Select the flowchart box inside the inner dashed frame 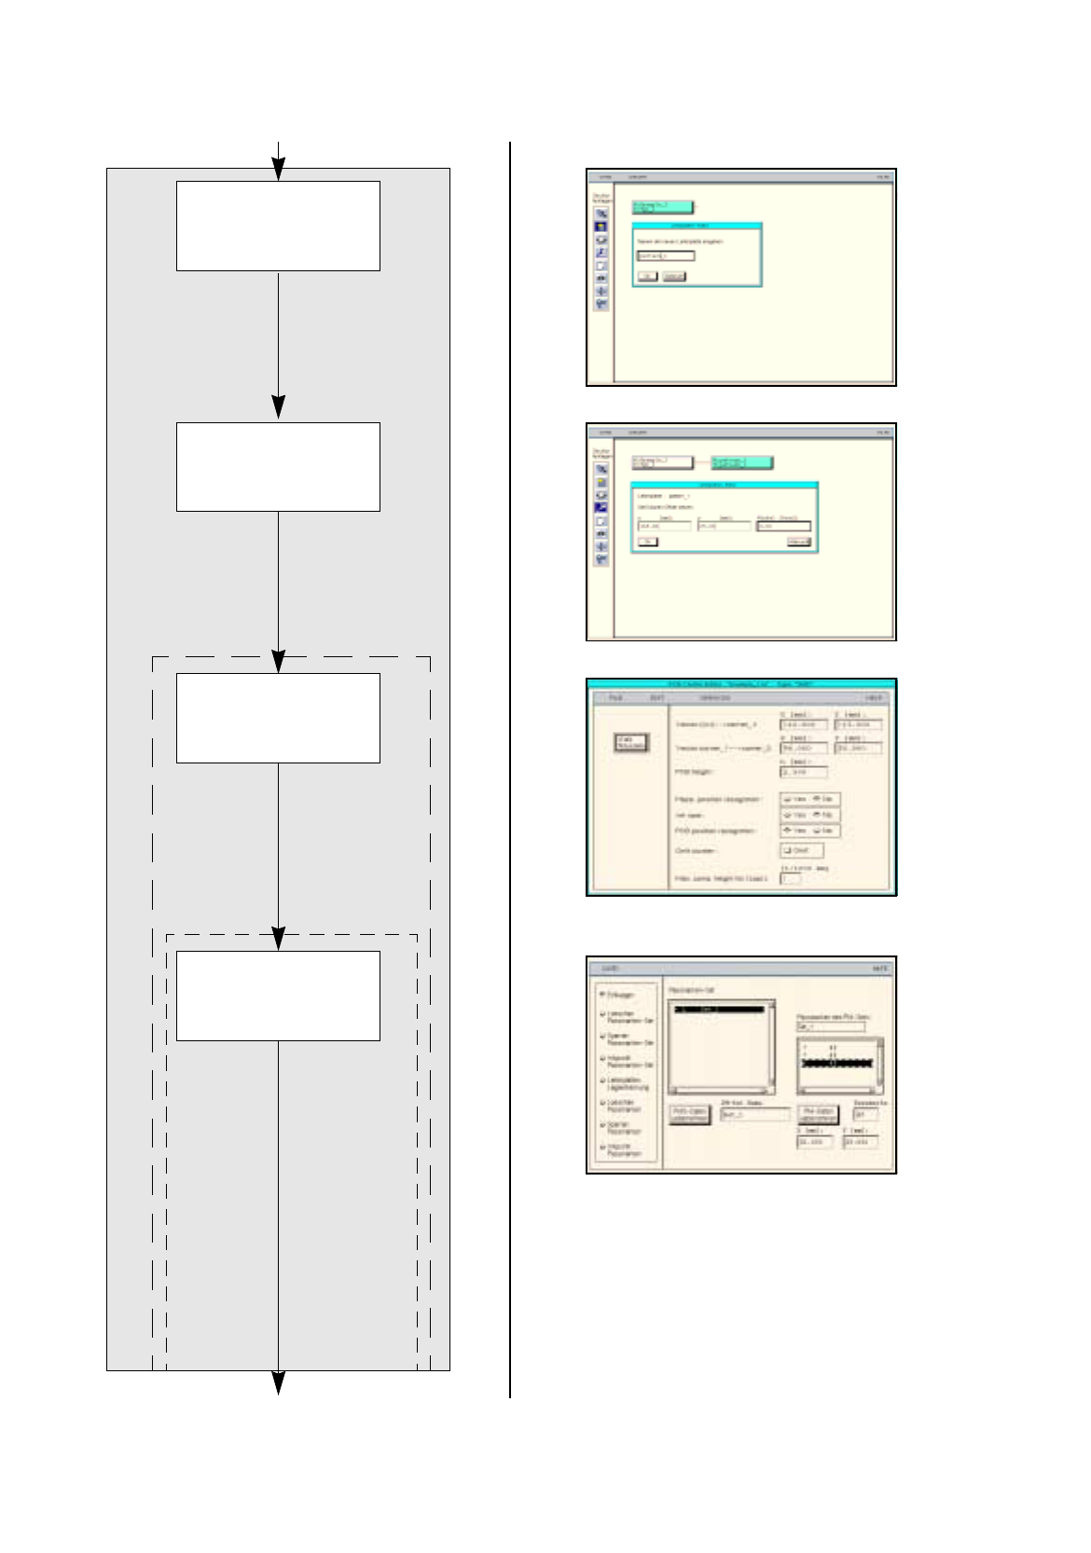tap(278, 995)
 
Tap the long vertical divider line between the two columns tap(510, 769)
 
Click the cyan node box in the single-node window tap(662, 207)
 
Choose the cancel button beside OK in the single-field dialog tap(673, 277)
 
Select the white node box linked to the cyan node tap(662, 461)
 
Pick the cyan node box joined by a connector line tap(742, 461)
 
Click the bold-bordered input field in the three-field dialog tap(783, 526)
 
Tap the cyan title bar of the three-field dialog tap(724, 486)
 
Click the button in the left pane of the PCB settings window tap(630, 743)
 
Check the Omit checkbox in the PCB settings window tap(801, 850)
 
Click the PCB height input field tap(802, 772)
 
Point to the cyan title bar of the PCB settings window tap(741, 683)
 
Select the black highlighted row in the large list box tap(719, 1009)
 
